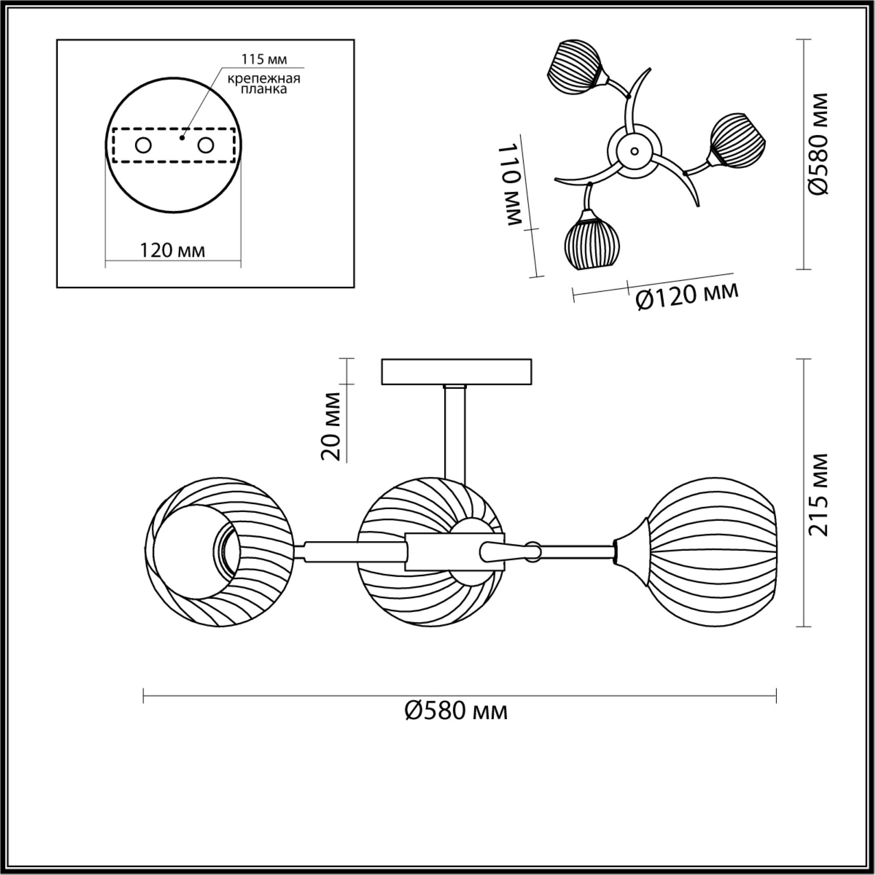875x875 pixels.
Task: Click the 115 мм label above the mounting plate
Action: tap(264, 59)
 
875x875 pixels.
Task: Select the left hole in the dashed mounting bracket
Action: tap(143, 146)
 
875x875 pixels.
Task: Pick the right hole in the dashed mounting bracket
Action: tap(206, 146)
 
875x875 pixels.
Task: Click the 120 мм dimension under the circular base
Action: tap(172, 250)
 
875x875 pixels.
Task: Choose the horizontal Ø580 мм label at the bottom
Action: tap(455, 711)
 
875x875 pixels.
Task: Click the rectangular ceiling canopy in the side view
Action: tap(456, 372)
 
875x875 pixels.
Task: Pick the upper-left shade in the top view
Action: tap(575, 67)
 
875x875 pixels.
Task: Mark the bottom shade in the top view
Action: tap(592, 244)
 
